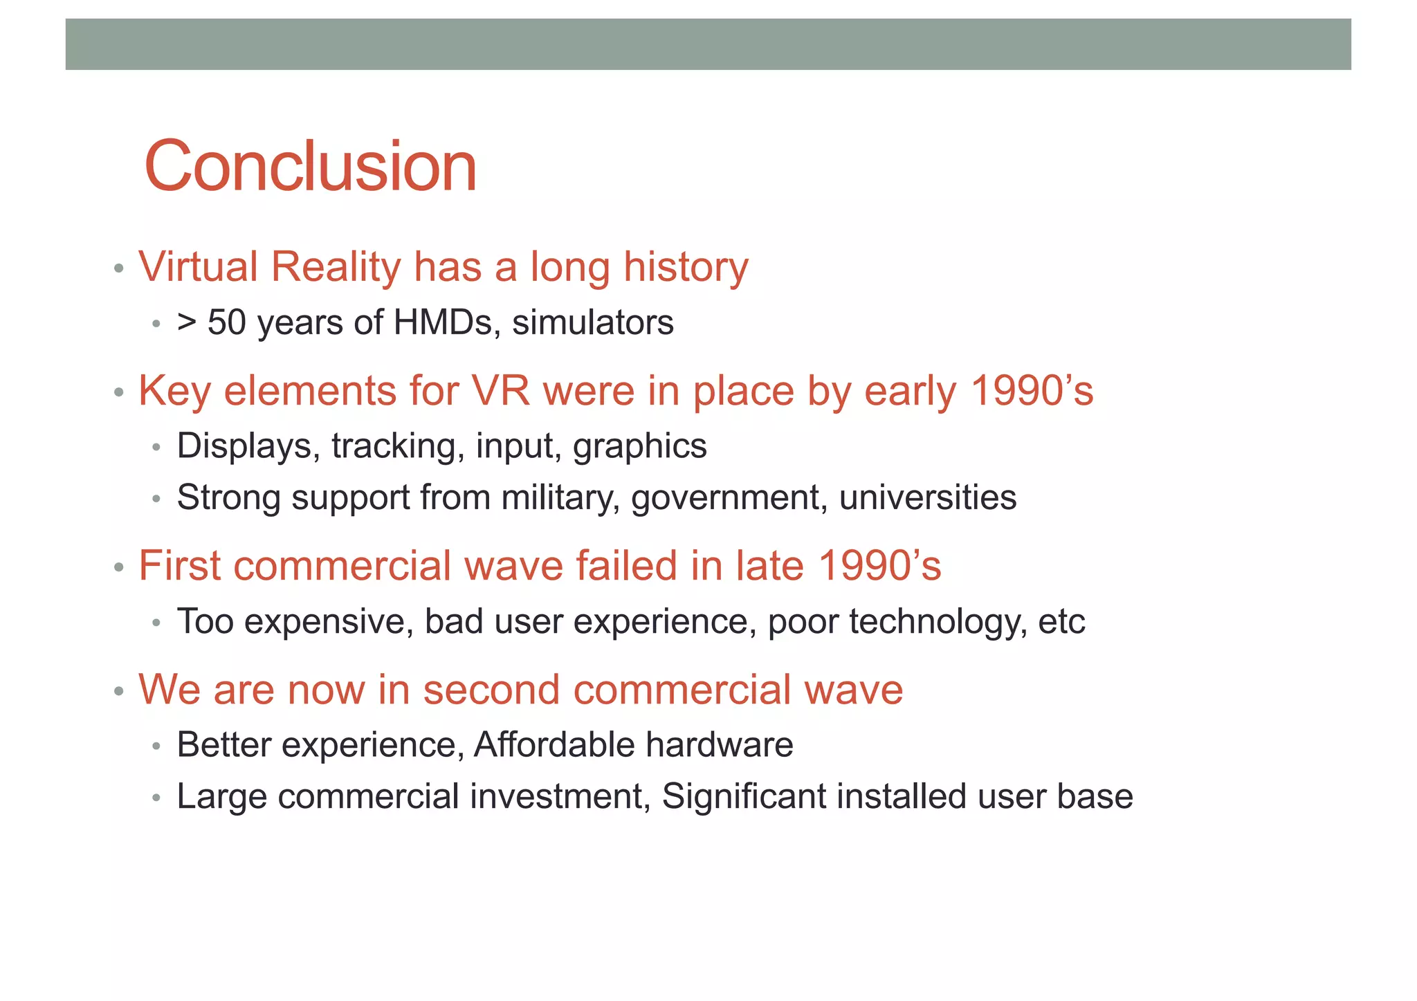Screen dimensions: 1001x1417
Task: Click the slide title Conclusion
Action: (x=311, y=167)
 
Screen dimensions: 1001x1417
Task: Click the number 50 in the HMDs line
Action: (x=226, y=322)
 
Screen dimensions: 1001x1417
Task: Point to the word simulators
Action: (x=593, y=322)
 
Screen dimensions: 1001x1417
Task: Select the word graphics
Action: (x=639, y=446)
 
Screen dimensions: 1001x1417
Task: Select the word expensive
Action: (x=328, y=621)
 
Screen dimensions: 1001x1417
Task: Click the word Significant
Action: (x=742, y=796)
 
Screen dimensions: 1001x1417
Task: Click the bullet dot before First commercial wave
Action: (x=119, y=568)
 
